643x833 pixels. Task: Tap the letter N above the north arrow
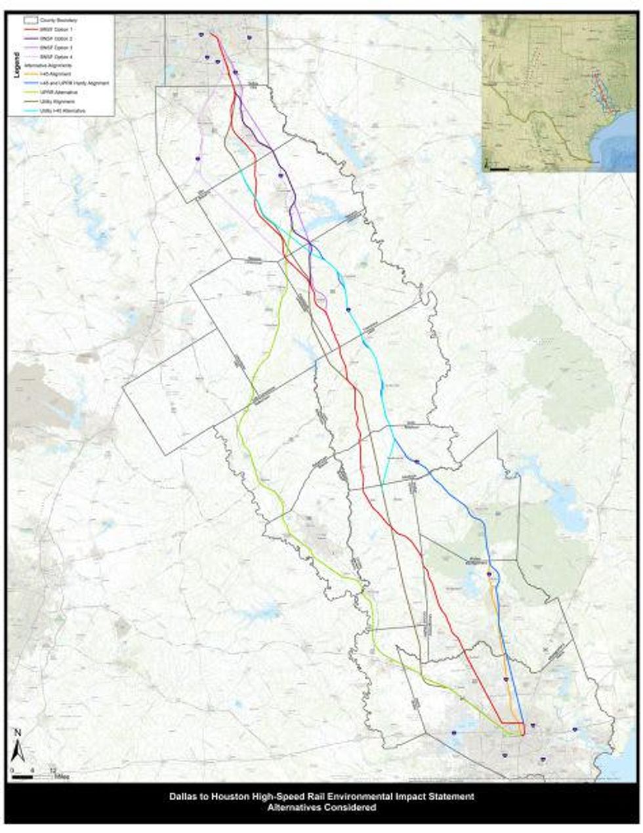[x=19, y=732]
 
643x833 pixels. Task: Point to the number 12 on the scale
[x=52, y=770]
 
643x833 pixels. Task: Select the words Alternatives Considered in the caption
[x=321, y=808]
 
